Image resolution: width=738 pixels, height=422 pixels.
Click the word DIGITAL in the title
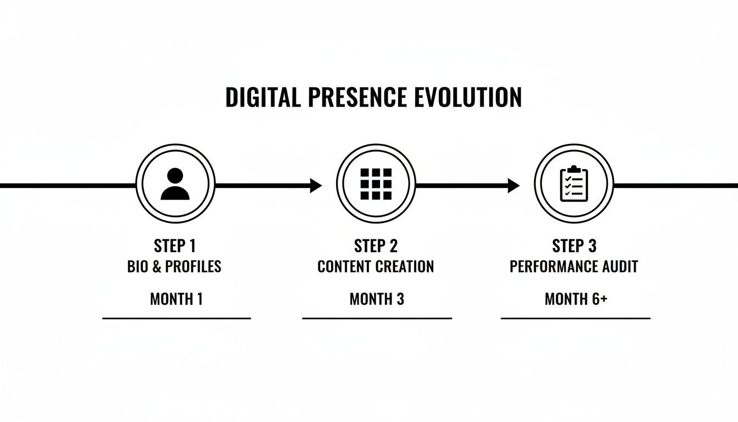(263, 97)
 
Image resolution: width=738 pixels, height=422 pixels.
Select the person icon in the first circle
(175, 185)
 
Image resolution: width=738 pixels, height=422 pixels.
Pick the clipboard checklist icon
(574, 185)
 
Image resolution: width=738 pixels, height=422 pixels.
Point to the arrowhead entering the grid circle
(316, 186)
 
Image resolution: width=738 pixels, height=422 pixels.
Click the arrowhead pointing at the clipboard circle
(513, 186)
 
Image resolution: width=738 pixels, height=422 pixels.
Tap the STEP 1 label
(174, 246)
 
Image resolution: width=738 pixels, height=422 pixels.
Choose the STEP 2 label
(376, 246)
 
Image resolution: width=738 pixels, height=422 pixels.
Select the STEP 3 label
(574, 246)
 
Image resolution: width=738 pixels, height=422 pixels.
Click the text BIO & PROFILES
(174, 267)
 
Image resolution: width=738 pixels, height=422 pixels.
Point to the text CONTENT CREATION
(376, 267)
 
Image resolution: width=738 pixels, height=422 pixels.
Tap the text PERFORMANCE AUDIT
(574, 267)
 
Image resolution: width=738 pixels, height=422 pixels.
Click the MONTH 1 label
(176, 299)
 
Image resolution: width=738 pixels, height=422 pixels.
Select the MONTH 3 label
(377, 299)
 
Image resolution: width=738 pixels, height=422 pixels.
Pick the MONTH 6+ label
(575, 299)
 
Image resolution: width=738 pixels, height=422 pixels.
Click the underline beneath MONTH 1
(176, 318)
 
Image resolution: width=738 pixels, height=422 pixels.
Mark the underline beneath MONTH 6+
(575, 318)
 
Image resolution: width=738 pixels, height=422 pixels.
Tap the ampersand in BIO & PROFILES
(156, 267)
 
